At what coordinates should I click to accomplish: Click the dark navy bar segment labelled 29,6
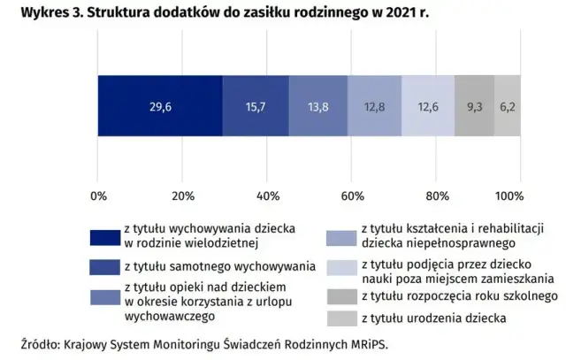160,106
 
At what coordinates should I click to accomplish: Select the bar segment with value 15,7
256,106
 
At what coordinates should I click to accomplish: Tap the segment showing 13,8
317,106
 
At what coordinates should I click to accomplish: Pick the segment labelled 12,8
374,106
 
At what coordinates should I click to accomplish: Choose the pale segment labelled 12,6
427,106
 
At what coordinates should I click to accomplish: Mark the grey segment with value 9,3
474,106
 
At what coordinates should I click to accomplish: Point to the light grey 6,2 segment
507,106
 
